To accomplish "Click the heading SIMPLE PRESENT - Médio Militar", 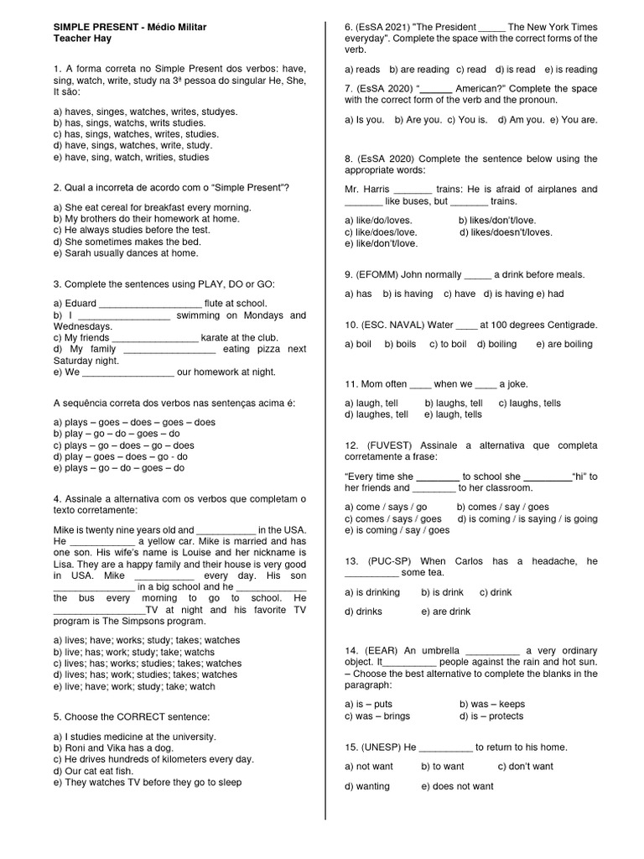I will [129, 28].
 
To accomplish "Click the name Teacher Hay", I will [82, 39].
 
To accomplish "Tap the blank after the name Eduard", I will [151, 304].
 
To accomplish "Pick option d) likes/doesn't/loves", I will [506, 232].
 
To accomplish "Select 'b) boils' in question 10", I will [400, 344].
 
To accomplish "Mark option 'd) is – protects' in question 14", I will [491, 716].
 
